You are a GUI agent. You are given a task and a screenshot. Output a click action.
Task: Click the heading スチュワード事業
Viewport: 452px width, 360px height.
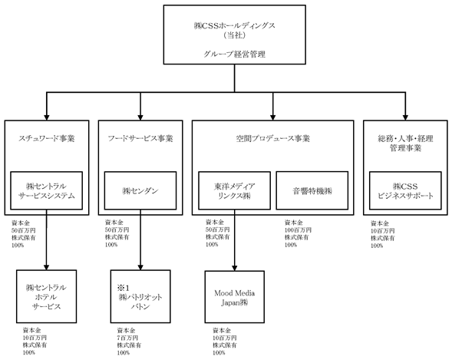point(46,139)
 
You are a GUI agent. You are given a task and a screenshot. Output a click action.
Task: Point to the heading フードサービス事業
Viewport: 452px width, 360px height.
point(140,139)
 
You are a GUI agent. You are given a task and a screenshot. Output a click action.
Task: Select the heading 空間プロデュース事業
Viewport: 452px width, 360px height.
point(272,139)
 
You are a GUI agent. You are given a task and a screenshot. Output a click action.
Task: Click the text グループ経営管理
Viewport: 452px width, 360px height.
point(234,54)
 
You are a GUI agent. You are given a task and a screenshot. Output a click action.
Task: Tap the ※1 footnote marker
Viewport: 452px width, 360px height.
point(124,288)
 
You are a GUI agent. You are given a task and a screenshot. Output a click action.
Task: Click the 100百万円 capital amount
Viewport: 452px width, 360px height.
point(298,230)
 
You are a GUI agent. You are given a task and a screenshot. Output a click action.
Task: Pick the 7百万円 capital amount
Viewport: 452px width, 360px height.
point(127,338)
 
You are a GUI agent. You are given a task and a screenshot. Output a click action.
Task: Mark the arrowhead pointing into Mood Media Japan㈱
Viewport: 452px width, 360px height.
point(234,268)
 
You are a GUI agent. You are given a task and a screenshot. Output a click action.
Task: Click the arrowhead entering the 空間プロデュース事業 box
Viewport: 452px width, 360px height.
point(272,117)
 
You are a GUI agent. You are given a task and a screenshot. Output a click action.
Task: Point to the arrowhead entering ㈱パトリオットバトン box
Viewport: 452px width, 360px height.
point(140,267)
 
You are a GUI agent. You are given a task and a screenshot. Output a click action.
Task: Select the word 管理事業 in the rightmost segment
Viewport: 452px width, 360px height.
point(405,148)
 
